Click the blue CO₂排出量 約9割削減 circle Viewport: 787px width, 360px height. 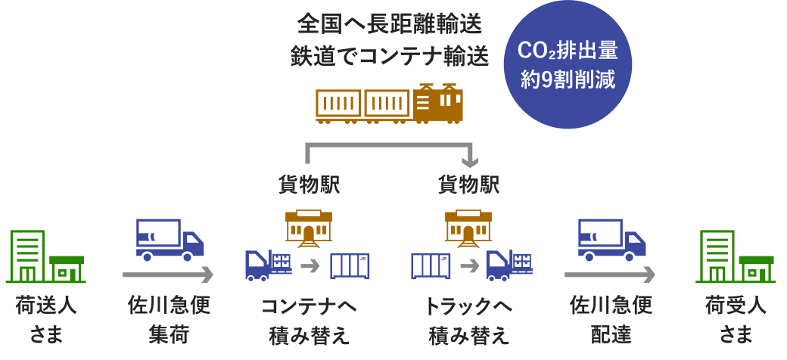568,64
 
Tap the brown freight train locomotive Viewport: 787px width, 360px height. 438,104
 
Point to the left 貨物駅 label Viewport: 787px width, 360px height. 309,185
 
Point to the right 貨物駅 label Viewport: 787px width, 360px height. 468,185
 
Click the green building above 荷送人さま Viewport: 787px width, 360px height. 46,256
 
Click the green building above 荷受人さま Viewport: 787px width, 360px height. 736,256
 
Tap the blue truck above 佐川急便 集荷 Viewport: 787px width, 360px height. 170,239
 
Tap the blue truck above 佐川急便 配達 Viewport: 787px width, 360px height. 611,239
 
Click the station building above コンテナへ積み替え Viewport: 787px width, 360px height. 309,228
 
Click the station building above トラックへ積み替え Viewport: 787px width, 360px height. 468,228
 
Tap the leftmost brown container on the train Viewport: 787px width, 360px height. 338,104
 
